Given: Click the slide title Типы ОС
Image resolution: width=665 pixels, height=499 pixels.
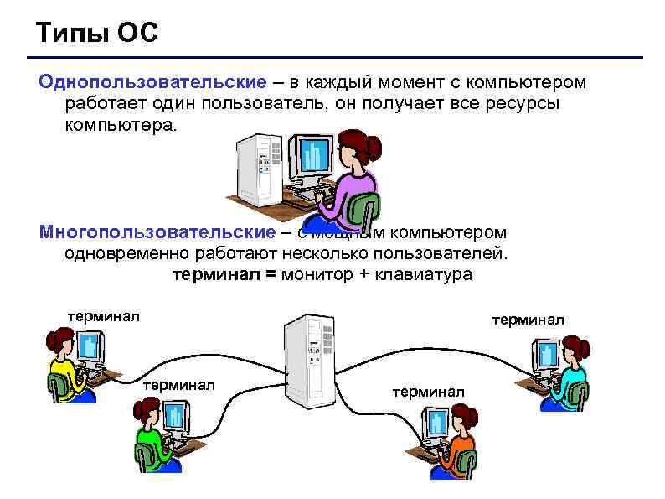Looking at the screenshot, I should click(x=97, y=34).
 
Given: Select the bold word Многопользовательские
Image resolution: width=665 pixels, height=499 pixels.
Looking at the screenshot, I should click(x=157, y=231).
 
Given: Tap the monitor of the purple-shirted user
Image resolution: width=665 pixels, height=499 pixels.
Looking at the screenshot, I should click(x=311, y=157).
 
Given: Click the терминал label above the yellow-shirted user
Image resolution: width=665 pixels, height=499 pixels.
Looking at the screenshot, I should click(x=104, y=316).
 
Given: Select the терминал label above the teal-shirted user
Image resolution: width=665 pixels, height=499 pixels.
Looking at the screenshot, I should click(x=528, y=320).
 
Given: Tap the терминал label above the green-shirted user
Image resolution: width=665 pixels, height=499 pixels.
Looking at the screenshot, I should click(x=179, y=385).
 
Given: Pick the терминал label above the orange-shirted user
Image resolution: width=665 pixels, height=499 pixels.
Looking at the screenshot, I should click(x=428, y=391).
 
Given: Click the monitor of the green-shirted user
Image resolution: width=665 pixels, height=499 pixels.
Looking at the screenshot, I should click(x=175, y=417).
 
